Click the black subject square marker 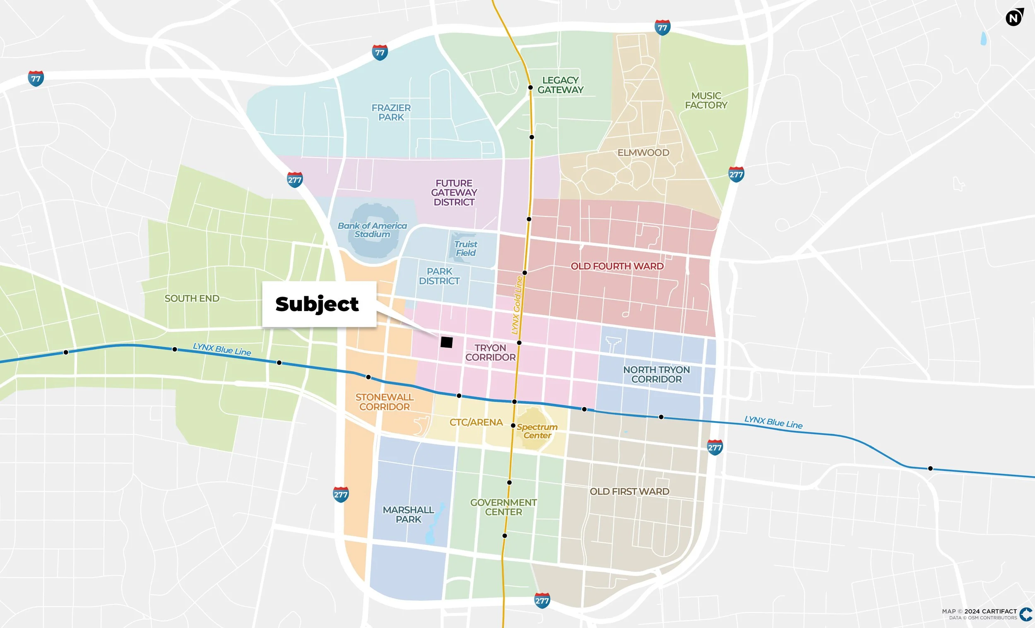pyautogui.click(x=446, y=342)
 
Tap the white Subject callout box pyautogui.click(x=318, y=304)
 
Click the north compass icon pyautogui.click(x=1014, y=18)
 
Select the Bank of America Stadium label pyautogui.click(x=372, y=230)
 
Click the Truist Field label pyautogui.click(x=465, y=248)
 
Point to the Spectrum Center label pyautogui.click(x=537, y=431)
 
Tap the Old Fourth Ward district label pyautogui.click(x=616, y=266)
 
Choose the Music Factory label pyautogui.click(x=706, y=101)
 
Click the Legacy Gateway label pyautogui.click(x=560, y=85)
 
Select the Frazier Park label pyautogui.click(x=391, y=113)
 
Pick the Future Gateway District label pyautogui.click(x=454, y=193)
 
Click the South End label pyautogui.click(x=192, y=298)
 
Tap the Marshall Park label pyautogui.click(x=408, y=514)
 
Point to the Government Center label pyautogui.click(x=503, y=507)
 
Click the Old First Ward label pyautogui.click(x=629, y=491)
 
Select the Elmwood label pyautogui.click(x=643, y=153)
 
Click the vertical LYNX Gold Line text pyautogui.click(x=517, y=305)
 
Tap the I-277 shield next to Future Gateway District pyautogui.click(x=294, y=180)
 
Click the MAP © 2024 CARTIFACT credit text pyautogui.click(x=979, y=611)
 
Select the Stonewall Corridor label pyautogui.click(x=384, y=402)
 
